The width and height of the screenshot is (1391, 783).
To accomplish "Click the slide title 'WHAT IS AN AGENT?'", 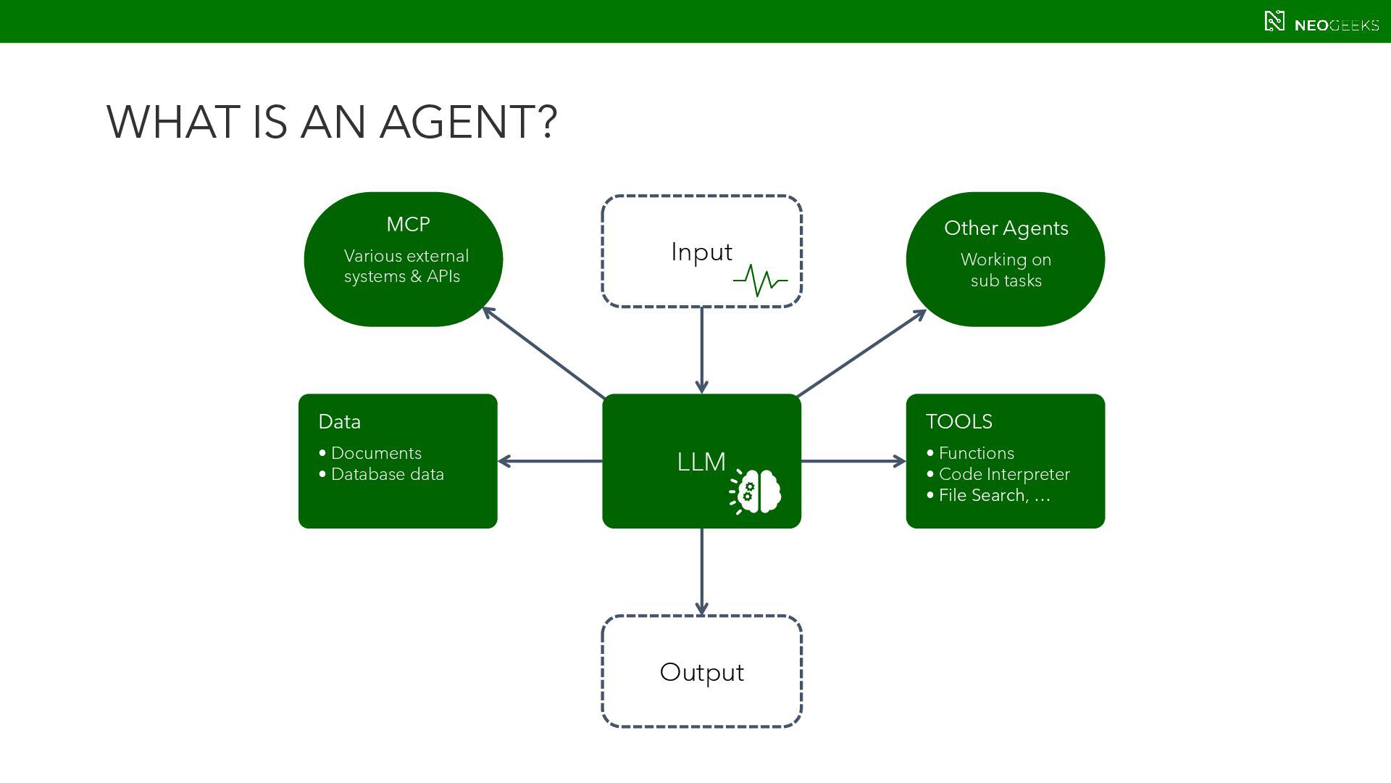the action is pos(332,121).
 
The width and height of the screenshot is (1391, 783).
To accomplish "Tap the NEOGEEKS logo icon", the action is pos(1274,21).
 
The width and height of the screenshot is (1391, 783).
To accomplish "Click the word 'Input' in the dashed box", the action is pos(701,252).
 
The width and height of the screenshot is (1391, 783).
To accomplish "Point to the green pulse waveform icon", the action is pos(760,281).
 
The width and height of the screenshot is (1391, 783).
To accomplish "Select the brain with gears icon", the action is pos(755,492).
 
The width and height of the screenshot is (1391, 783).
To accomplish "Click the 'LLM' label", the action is pos(701,462).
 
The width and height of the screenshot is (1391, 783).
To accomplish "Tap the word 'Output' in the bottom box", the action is pos(701,673).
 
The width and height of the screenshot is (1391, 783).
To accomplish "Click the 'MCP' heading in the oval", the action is pos(408,224).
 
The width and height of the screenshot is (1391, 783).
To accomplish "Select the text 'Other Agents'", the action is pos(1006,228).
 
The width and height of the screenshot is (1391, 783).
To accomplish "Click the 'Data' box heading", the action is pos(339,421).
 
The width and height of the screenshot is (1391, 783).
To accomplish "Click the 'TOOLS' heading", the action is pos(958,421).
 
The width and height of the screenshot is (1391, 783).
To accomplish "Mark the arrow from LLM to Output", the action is pos(701,572).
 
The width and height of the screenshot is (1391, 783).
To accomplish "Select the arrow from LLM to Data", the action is pos(550,461).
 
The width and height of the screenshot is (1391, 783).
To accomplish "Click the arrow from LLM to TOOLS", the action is pos(853,461).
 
